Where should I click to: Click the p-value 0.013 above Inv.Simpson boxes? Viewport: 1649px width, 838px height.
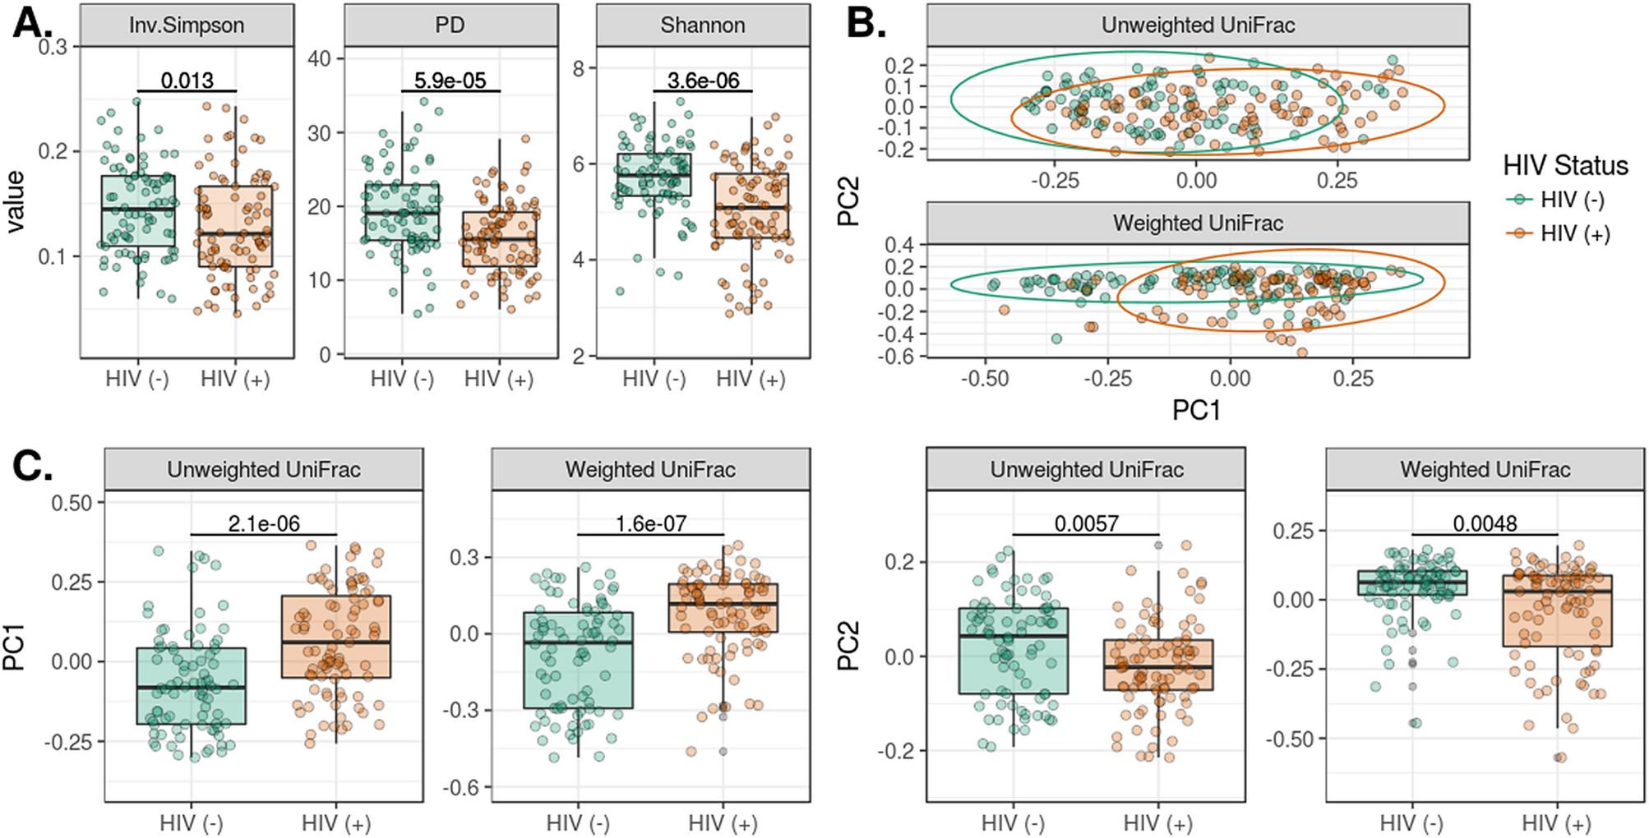187,81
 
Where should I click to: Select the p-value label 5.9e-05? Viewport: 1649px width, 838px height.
450,81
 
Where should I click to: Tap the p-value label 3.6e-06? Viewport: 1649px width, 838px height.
703,81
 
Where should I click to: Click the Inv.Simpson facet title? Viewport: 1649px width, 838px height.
187,25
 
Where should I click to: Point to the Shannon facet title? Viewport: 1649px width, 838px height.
703,25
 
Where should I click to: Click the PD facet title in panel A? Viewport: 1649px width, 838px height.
450,25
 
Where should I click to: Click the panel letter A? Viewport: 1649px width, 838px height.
31,22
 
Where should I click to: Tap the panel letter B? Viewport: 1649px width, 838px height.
866,22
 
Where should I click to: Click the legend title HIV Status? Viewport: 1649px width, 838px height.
1565,165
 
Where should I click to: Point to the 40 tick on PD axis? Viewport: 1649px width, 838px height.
320,59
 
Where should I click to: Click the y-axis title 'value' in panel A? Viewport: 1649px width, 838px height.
16,202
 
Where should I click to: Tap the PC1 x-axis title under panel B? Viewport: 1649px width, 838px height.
1196,409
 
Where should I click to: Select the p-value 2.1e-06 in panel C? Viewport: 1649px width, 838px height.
264,523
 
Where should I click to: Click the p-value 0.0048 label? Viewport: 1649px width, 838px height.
1485,523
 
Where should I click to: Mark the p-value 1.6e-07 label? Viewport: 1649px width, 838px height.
650,523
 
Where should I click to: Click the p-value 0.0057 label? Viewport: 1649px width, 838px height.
1086,523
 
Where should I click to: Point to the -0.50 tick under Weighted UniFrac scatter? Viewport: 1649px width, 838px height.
985,379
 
